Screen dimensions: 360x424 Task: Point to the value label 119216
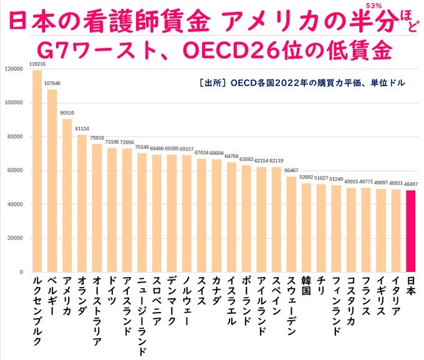[x=37, y=64]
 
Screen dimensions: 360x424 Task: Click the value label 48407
[x=411, y=185]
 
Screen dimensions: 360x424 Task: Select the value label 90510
[x=67, y=113]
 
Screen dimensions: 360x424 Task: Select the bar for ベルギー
[x=52, y=181]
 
